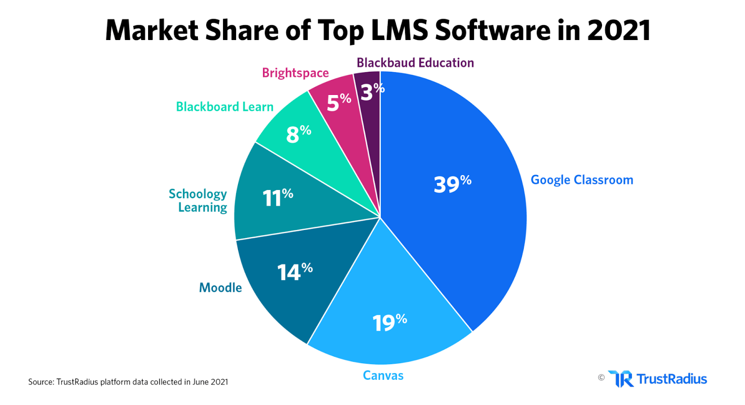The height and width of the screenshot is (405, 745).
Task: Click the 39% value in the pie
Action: click(452, 184)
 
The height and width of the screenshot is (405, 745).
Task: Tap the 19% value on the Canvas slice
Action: click(389, 322)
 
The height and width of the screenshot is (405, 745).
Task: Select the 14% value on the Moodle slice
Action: click(295, 272)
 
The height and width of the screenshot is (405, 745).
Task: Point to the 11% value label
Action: click(278, 197)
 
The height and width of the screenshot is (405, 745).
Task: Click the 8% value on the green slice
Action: click(298, 134)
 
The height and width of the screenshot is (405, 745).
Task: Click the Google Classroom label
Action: click(582, 180)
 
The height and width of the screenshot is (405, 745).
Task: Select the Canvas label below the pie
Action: click(383, 376)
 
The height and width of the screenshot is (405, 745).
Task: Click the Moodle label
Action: click(220, 288)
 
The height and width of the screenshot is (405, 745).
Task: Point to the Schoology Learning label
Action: click(198, 201)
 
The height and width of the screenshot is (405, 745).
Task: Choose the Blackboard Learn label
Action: click(224, 107)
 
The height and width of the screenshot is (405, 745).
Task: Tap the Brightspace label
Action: click(295, 73)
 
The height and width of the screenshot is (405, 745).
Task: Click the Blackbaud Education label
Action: click(415, 63)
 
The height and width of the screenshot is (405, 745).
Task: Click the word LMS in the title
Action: click(399, 30)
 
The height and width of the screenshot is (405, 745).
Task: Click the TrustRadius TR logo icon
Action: click(621, 379)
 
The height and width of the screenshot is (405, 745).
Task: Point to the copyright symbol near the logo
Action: click(601, 378)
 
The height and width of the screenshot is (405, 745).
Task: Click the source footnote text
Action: click(128, 382)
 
